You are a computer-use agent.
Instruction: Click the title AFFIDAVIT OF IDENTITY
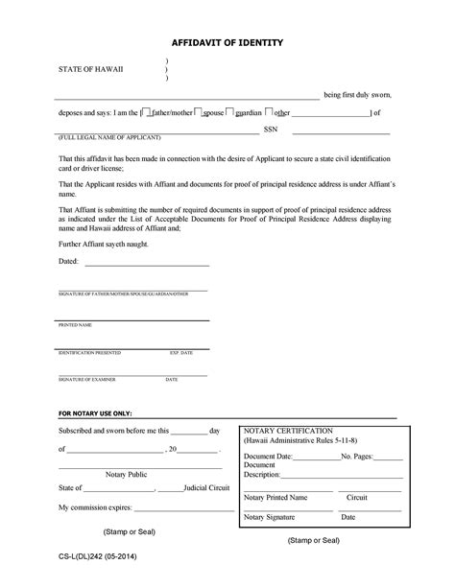click(x=227, y=43)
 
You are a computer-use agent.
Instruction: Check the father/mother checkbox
click(x=144, y=111)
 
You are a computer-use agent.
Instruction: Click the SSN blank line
click(x=342, y=131)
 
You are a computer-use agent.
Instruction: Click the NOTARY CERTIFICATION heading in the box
click(x=289, y=431)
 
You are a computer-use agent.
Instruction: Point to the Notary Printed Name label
click(x=275, y=498)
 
